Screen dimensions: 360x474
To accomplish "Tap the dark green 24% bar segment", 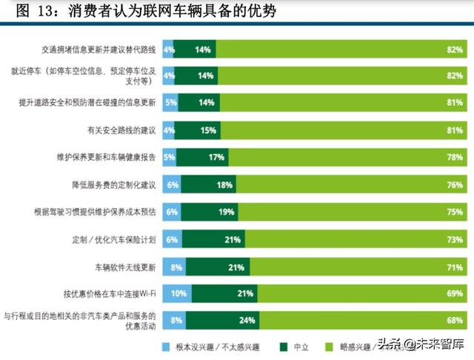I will click(x=223, y=321).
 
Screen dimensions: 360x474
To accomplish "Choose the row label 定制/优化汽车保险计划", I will click(x=109, y=239).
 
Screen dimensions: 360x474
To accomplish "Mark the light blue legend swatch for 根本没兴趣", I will click(x=167, y=345).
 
